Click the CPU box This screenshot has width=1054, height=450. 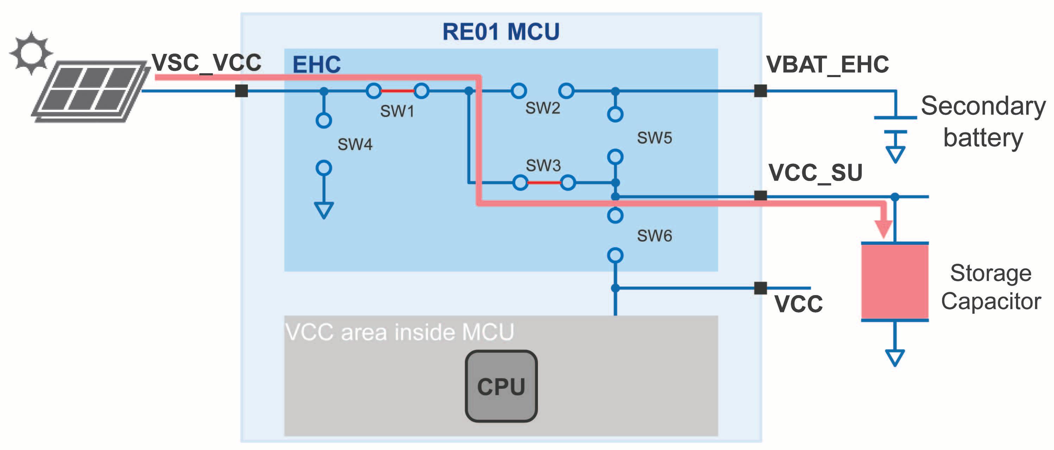click(501, 386)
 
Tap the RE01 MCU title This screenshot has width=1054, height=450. click(501, 32)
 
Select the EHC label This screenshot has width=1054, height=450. click(316, 65)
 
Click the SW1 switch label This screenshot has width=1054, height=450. click(397, 111)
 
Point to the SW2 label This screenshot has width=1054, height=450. click(542, 108)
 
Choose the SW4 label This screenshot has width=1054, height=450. click(355, 144)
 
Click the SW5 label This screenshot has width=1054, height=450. click(654, 138)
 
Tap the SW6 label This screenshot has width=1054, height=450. click(654, 236)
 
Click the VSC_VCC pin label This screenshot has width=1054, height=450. click(207, 63)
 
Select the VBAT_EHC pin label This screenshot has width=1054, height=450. click(827, 65)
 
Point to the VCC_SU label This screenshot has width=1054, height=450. click(815, 173)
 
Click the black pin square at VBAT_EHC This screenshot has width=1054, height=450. click(760, 91)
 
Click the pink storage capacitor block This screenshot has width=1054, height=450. click(895, 282)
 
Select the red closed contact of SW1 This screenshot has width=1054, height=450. click(397, 91)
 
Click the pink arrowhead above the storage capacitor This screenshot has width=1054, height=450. click(883, 228)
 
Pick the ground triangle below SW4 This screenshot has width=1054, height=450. click(324, 210)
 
